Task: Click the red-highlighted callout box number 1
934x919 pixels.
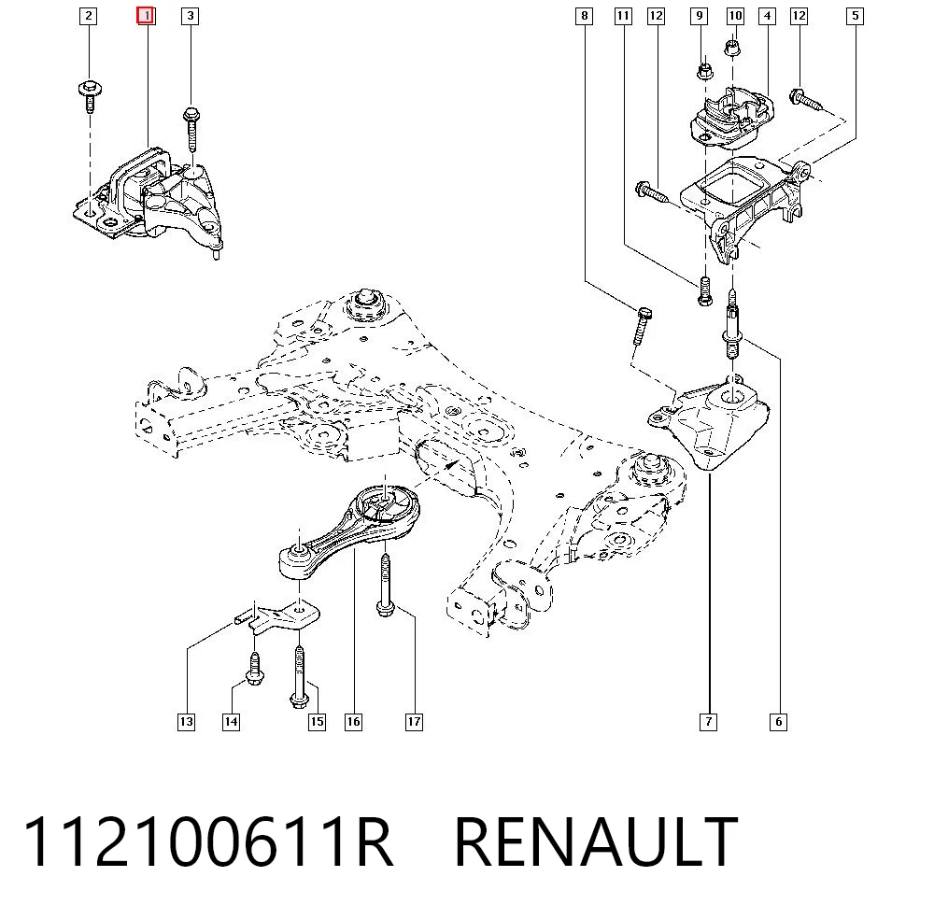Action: pyautogui.click(x=146, y=16)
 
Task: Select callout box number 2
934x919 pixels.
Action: pyautogui.click(x=88, y=16)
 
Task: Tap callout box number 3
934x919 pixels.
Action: pyautogui.click(x=190, y=16)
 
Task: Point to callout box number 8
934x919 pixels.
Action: pyautogui.click(x=585, y=16)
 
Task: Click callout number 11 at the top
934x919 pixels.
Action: pyautogui.click(x=623, y=16)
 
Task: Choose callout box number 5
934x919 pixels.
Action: pyautogui.click(x=855, y=16)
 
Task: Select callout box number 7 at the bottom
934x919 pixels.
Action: pyautogui.click(x=708, y=722)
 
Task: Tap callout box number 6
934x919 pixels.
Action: pyautogui.click(x=779, y=722)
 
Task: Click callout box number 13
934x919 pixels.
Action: pyautogui.click(x=187, y=722)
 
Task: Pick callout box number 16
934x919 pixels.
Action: pyautogui.click(x=353, y=722)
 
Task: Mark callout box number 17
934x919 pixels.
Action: pyautogui.click(x=414, y=722)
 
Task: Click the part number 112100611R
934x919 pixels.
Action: pyautogui.click(x=208, y=842)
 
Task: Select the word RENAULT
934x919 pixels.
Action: pyautogui.click(x=596, y=842)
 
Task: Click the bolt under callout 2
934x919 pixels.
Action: pyautogui.click(x=90, y=95)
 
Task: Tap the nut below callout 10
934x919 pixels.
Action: pyautogui.click(x=733, y=48)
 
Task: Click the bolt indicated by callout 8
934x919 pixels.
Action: pyautogui.click(x=642, y=326)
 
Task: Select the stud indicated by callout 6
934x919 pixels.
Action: pyautogui.click(x=732, y=325)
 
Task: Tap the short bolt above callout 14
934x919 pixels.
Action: pyautogui.click(x=255, y=669)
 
